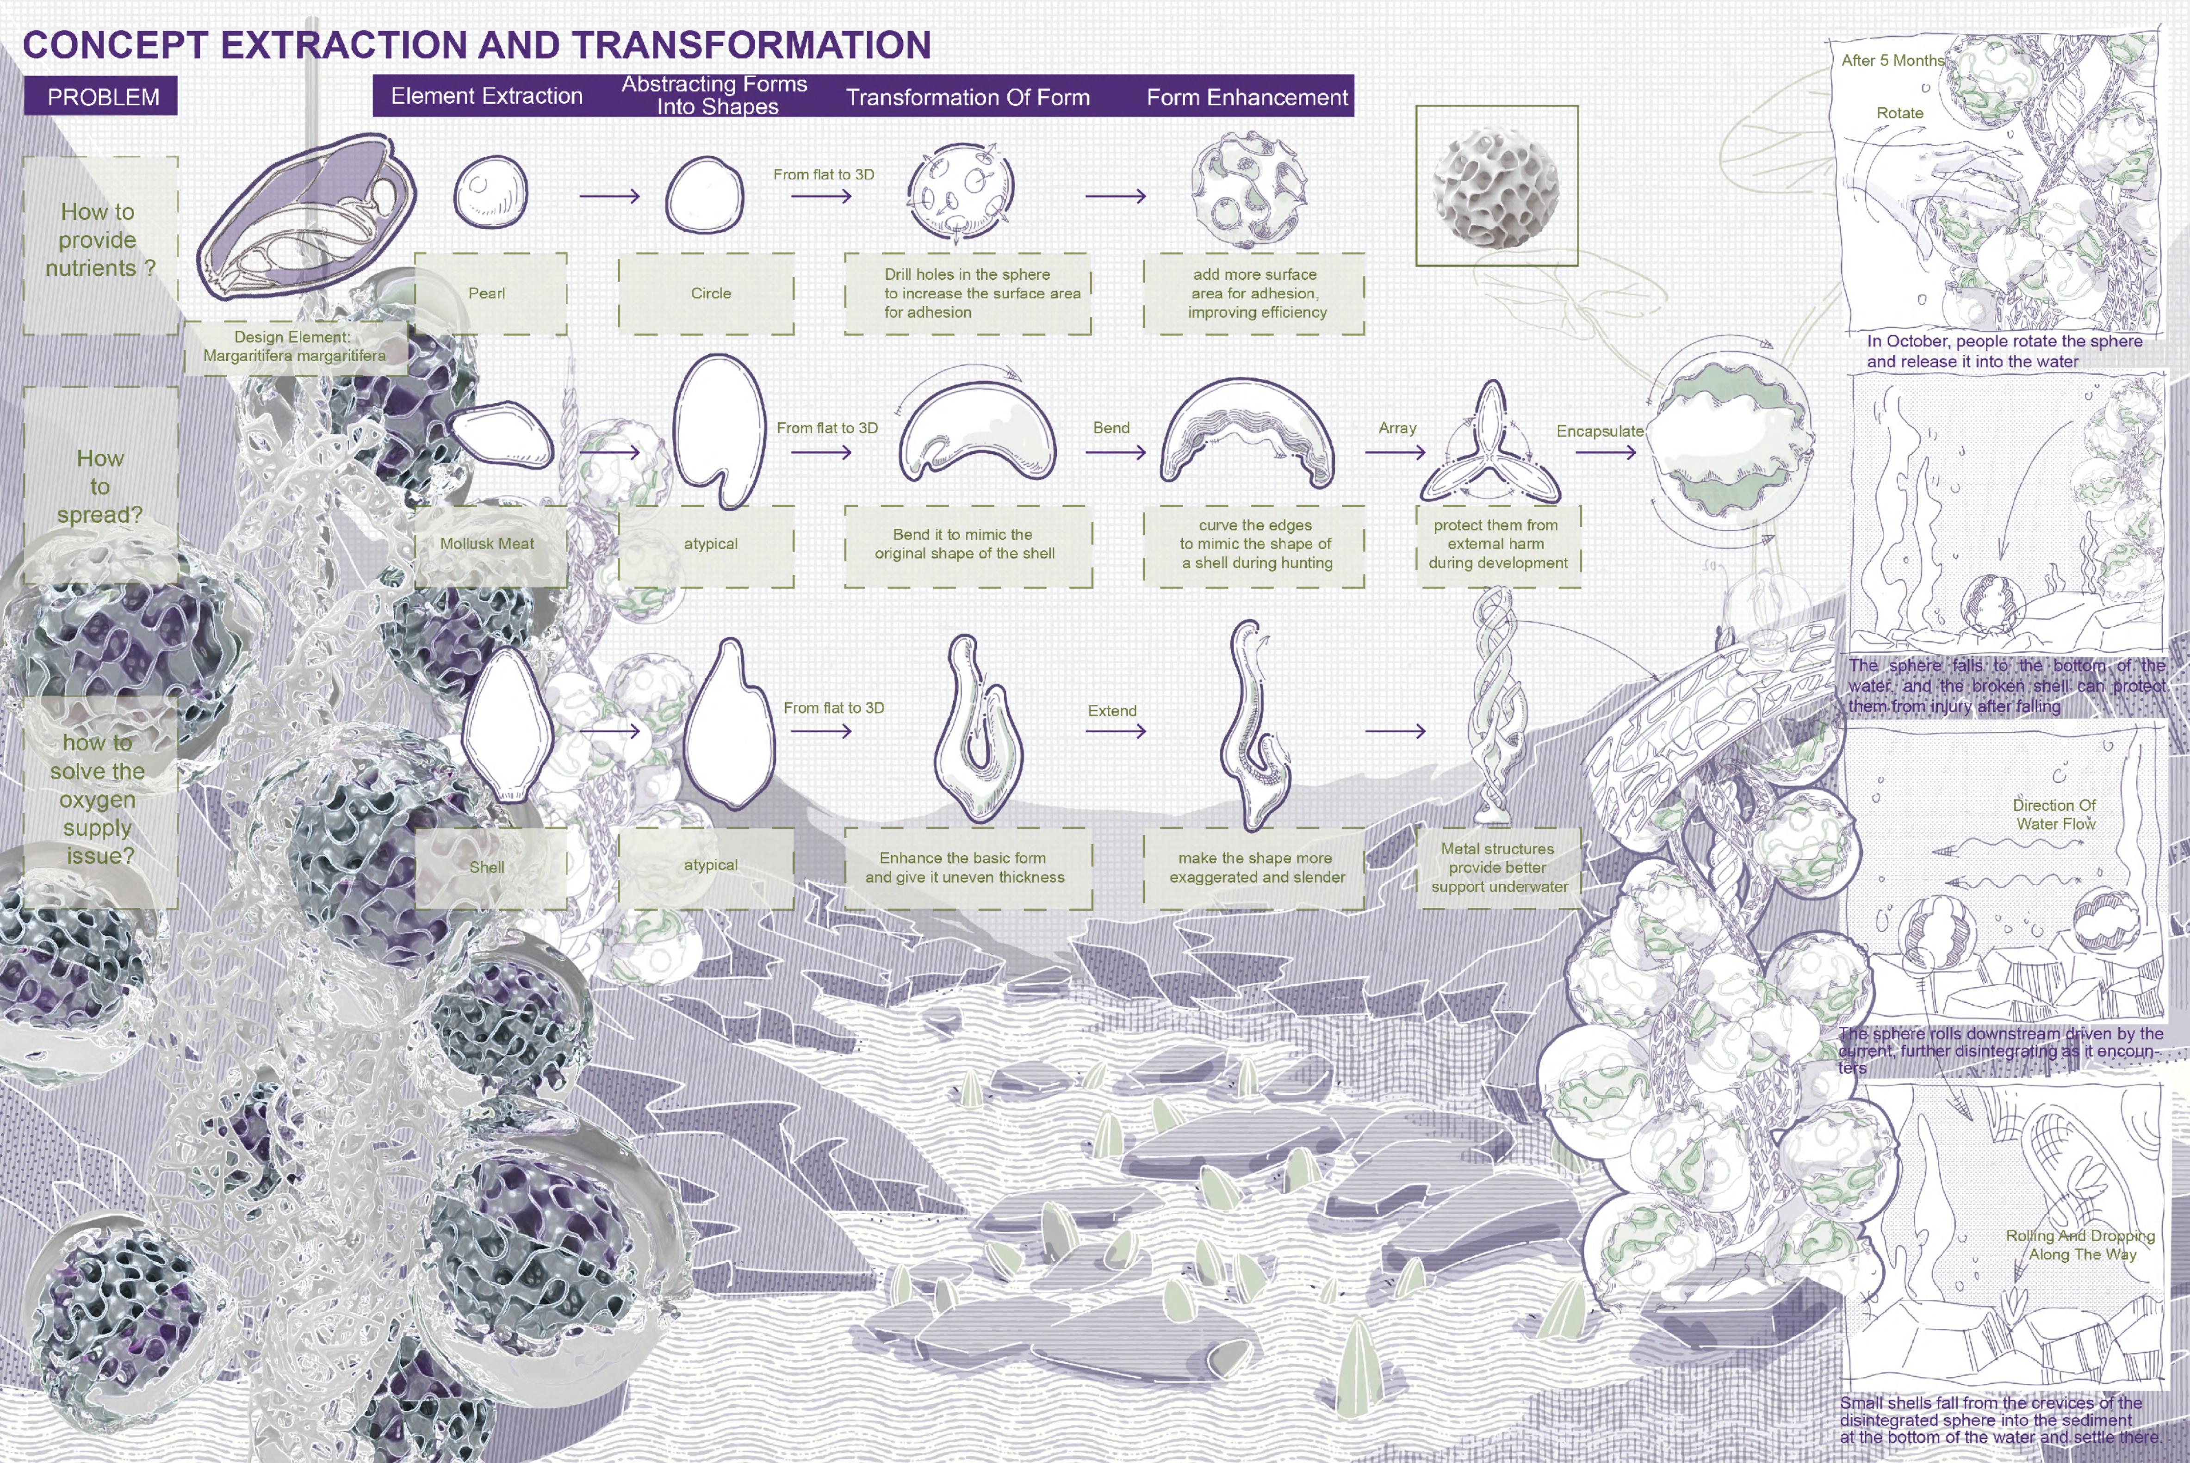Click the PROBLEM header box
[101, 96]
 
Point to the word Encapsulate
[1599, 431]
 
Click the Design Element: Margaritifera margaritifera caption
[294, 346]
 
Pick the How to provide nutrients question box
[100, 241]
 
